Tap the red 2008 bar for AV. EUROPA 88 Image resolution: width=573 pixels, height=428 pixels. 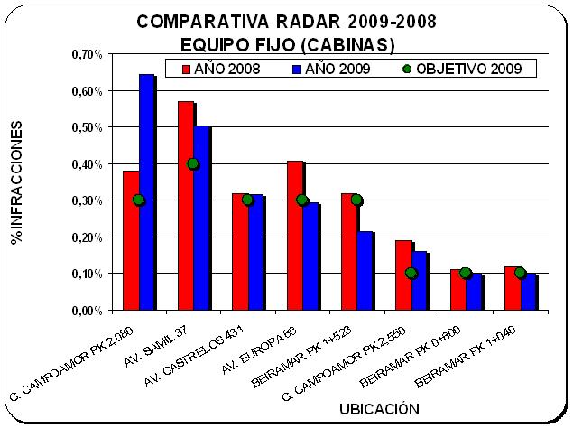point(295,235)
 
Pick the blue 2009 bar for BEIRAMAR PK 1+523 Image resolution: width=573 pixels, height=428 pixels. point(365,270)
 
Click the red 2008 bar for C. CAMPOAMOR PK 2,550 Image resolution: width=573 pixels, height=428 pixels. point(403,274)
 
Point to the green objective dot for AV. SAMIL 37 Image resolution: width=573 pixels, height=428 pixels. point(192,163)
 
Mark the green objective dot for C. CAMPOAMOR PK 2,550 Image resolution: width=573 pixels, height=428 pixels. point(411,273)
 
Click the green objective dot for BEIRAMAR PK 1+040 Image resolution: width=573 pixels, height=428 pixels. point(520,273)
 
